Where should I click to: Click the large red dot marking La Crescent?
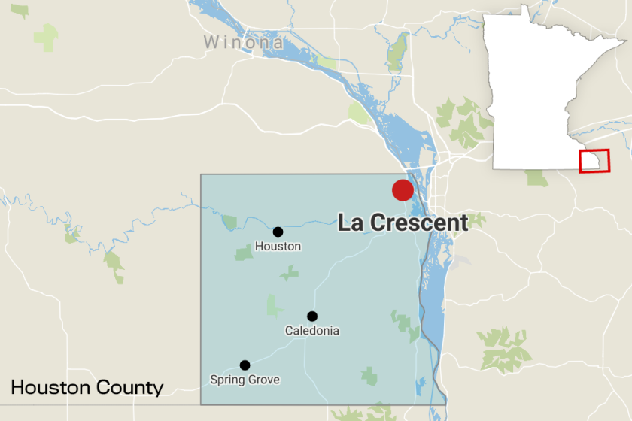pos(403,190)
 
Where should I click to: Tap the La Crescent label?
pos(403,223)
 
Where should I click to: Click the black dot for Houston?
pos(278,232)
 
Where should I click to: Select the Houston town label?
pos(278,246)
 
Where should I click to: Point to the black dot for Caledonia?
pos(312,317)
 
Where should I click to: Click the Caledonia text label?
pos(311,331)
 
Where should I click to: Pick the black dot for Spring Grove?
pos(245,365)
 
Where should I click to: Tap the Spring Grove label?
pos(245,380)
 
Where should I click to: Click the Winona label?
pos(243,42)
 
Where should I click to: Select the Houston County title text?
pos(87,388)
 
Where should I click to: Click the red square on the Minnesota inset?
pos(594,161)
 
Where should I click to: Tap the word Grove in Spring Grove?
pos(264,380)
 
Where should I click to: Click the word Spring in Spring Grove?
pos(226,380)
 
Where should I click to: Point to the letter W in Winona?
pos(211,42)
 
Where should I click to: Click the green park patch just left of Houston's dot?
pos(229,222)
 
